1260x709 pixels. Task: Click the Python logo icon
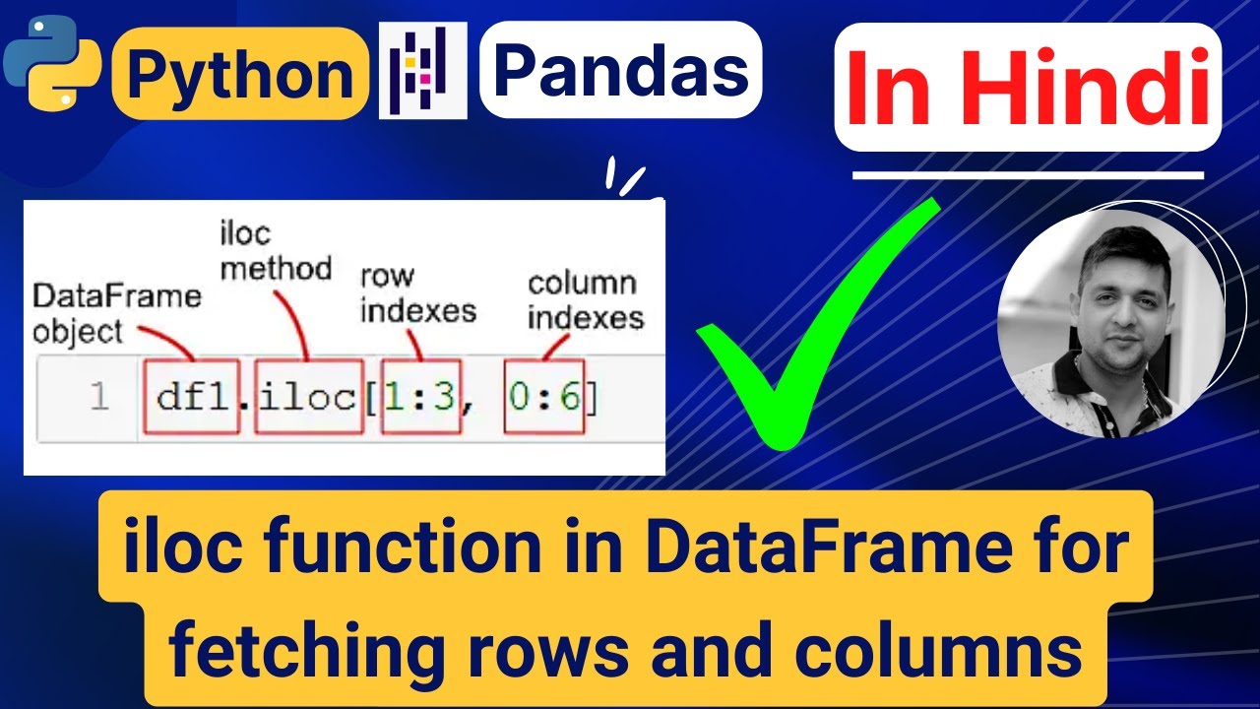pos(51,61)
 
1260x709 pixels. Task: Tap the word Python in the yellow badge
pos(240,75)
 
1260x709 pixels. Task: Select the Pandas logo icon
pos(422,72)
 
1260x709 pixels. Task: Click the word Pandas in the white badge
pos(620,70)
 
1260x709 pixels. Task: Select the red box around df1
pos(193,396)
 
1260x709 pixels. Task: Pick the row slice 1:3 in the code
pos(420,396)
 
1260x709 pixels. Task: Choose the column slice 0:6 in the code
pos(544,396)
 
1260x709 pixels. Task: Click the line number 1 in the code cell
pos(98,397)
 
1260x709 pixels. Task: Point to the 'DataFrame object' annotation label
pos(116,312)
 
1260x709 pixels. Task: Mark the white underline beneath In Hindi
pos(1028,176)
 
